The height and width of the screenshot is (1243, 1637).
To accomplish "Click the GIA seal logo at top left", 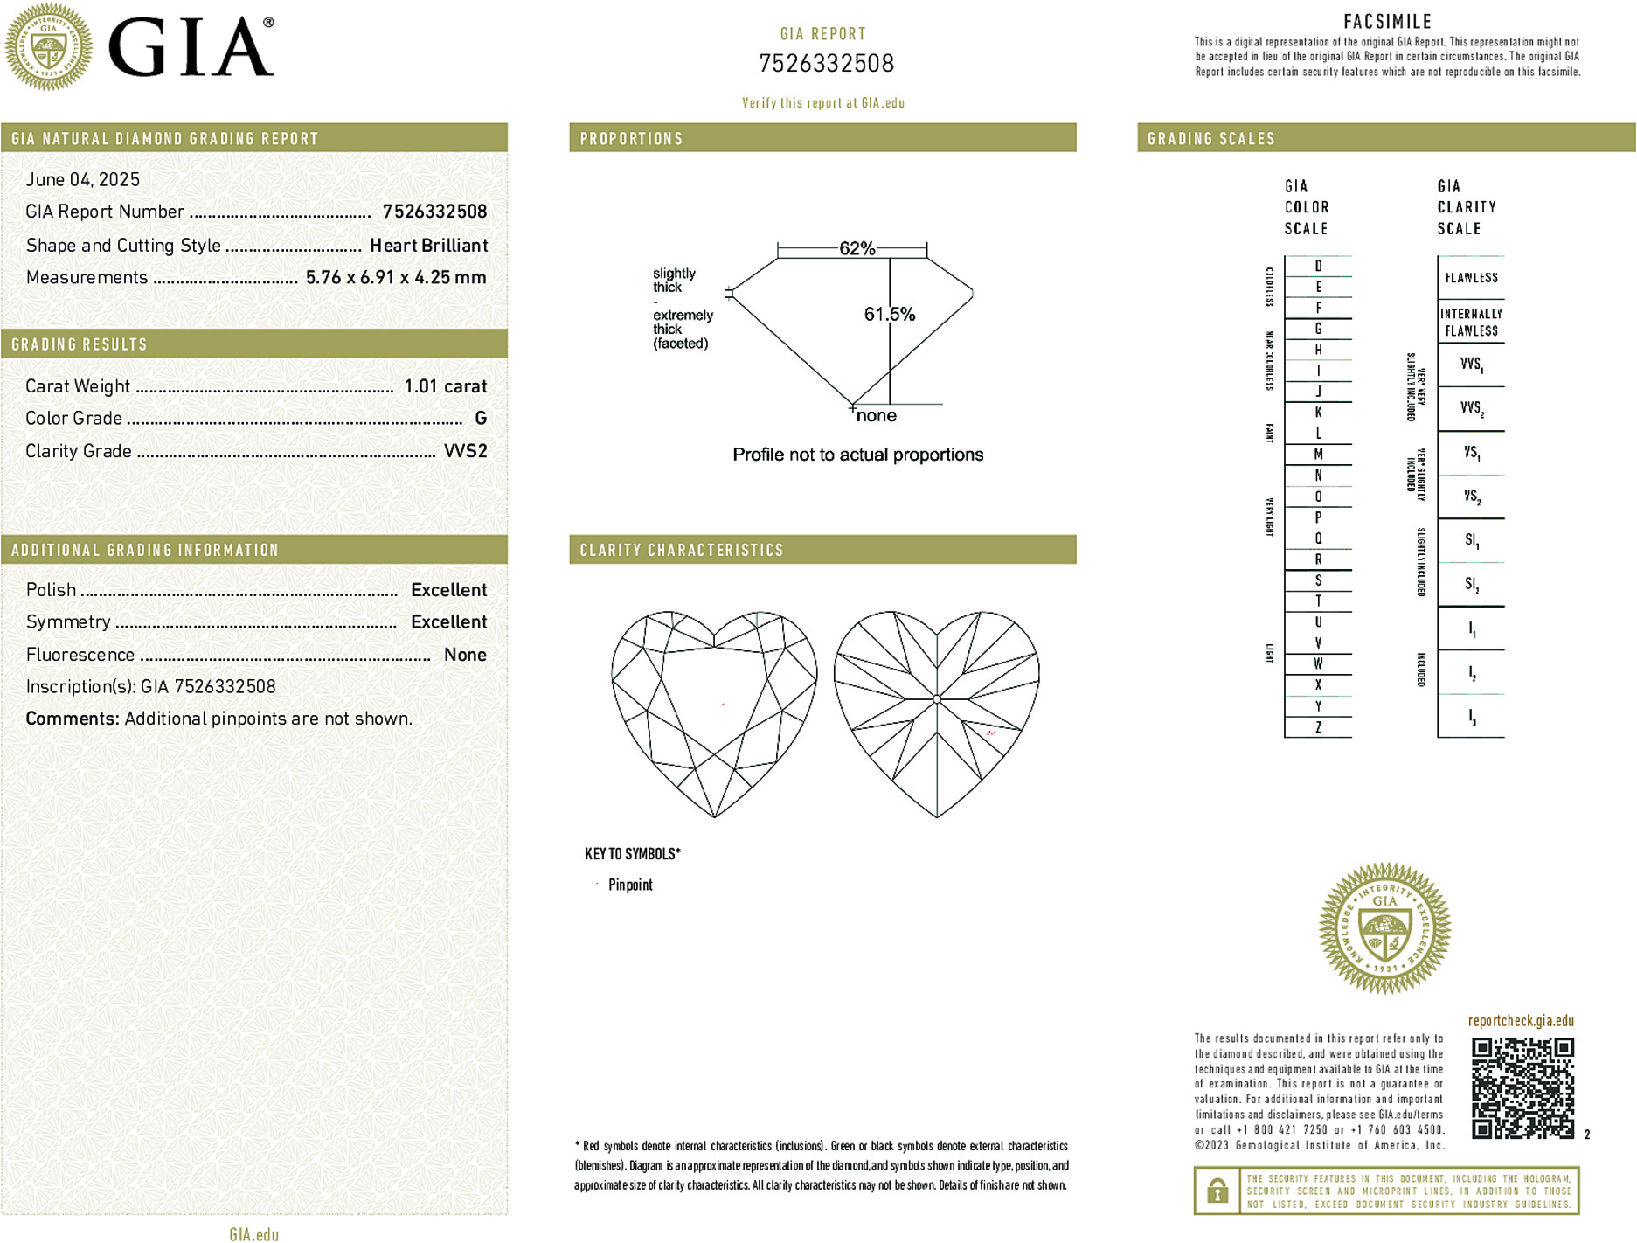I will (x=48, y=46).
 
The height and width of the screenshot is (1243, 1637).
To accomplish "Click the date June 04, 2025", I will (x=82, y=179).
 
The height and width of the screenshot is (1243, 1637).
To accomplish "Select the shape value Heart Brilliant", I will (x=428, y=246).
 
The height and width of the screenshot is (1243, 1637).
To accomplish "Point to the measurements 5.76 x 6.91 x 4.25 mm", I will (x=395, y=277).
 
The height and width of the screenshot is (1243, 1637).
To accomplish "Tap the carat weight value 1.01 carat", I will (x=445, y=386).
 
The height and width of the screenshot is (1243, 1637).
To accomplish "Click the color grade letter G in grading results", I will (x=480, y=419).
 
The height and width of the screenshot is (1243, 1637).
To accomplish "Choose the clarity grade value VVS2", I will (x=465, y=451).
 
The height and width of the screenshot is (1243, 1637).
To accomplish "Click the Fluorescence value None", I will (x=465, y=655).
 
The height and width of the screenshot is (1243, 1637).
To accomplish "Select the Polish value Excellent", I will (x=448, y=590).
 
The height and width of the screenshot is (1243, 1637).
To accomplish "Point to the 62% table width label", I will (x=857, y=248).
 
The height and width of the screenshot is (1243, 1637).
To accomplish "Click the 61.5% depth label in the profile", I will (x=889, y=314).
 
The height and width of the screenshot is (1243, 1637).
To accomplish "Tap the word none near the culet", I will (x=876, y=416).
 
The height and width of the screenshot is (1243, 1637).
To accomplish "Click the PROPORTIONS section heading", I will (x=631, y=139).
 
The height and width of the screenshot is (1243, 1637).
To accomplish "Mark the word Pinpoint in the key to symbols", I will (x=630, y=885).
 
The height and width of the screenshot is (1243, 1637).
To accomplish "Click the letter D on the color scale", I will (x=1318, y=266).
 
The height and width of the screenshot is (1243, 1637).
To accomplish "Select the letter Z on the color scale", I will (x=1318, y=727).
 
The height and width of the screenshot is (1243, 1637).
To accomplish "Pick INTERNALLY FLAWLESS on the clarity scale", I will (x=1471, y=322).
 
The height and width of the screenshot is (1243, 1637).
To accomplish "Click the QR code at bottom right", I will (x=1522, y=1087).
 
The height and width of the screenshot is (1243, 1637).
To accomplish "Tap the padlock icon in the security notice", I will (x=1217, y=1191).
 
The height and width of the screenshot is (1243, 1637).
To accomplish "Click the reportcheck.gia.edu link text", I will (x=1521, y=1021).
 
